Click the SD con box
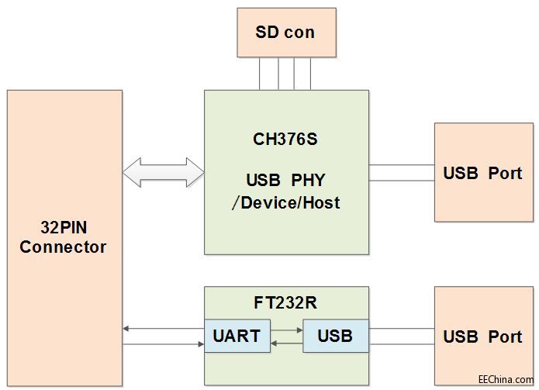point(285,33)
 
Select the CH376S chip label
point(286,140)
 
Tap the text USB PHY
point(285,180)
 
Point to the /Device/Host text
point(285,203)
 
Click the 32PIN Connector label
point(64,237)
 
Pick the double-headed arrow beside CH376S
point(163,172)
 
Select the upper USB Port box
point(482,172)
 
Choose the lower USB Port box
point(482,337)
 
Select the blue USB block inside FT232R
point(335,336)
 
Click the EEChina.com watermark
point(505,380)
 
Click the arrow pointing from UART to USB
point(287,330)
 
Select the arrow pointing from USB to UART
point(287,342)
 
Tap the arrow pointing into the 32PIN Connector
point(163,330)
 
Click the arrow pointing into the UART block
point(163,343)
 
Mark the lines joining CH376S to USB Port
point(401,172)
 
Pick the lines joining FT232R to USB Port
point(401,336)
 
